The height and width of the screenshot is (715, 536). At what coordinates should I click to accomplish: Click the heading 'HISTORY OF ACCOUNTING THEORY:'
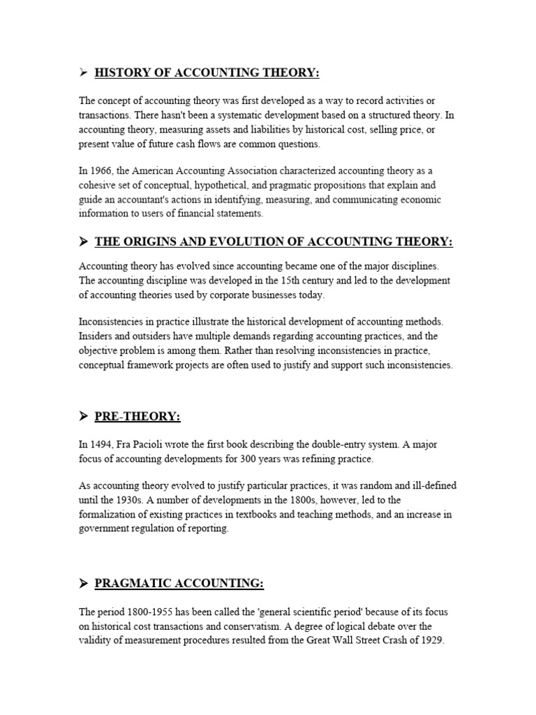208,73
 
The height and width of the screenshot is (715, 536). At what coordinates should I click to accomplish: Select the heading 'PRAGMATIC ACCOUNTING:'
179,584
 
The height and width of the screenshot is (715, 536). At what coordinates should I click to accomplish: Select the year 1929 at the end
431,640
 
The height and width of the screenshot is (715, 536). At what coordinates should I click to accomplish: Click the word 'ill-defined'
433,486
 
